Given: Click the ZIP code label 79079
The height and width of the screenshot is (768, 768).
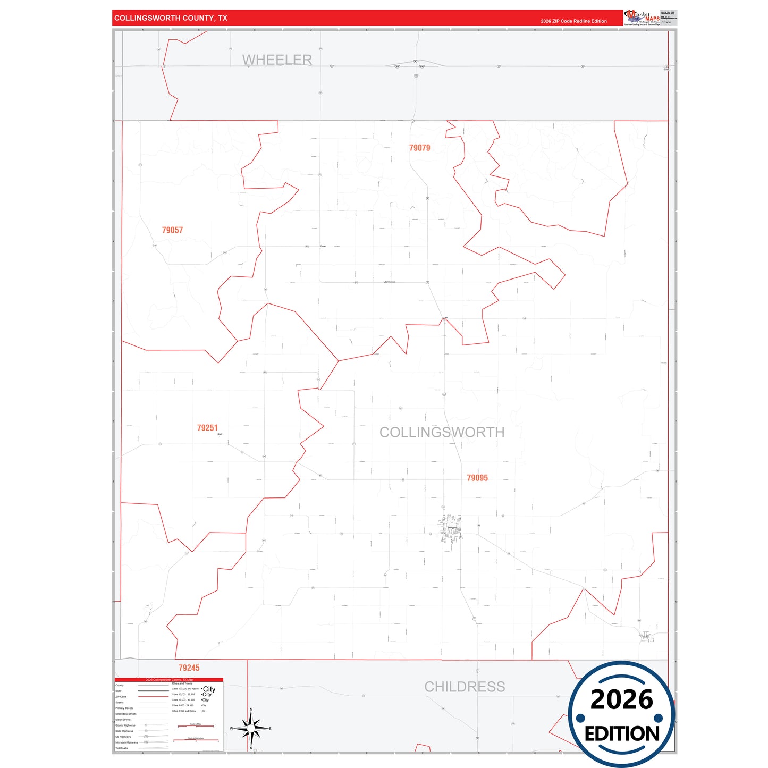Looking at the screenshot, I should tap(419, 148).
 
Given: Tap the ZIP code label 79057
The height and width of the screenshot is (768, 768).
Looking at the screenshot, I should tap(172, 230).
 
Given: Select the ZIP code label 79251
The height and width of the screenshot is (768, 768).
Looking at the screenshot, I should tap(207, 428).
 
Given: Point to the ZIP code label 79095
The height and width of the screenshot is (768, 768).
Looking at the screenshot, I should tap(477, 478).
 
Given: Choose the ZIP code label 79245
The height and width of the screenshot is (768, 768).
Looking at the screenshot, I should tap(189, 668).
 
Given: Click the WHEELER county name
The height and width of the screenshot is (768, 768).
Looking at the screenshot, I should tap(277, 60).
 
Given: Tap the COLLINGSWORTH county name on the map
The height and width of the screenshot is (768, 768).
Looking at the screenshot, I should tap(442, 432).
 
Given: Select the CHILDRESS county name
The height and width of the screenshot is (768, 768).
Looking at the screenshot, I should tap(464, 687).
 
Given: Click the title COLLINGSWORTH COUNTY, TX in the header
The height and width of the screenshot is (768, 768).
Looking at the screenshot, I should tap(171, 18).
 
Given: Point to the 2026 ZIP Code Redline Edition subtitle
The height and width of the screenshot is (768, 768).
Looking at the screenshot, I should tap(573, 21).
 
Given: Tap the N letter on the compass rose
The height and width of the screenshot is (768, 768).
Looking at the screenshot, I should tap(251, 710).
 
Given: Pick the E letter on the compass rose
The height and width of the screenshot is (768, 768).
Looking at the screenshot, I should tap(270, 729).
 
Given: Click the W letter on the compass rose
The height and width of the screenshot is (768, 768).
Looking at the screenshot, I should tap(231, 729).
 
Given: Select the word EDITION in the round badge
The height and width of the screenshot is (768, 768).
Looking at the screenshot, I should tap(622, 734).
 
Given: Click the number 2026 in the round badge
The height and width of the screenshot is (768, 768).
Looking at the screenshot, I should tap(621, 700).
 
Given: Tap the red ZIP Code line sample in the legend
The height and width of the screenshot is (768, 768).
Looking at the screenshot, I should tap(153, 697).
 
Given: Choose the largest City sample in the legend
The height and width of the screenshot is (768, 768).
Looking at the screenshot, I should tap(209, 689).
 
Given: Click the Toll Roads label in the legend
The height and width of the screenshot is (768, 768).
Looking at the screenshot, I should tap(122, 748).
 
